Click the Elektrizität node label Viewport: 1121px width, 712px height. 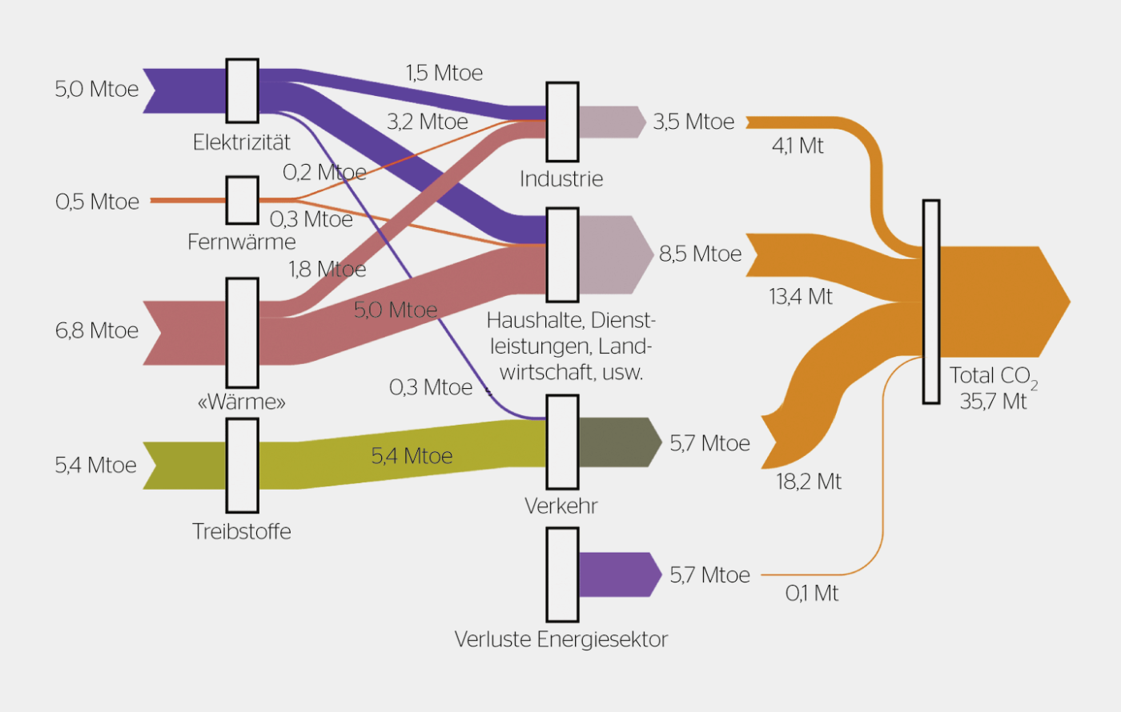(241, 142)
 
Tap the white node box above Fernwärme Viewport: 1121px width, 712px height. (242, 200)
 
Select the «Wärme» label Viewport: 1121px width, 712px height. (241, 402)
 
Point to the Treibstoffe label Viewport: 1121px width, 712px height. (241, 531)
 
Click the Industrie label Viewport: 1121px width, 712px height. (560, 178)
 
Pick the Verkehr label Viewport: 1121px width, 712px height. (560, 506)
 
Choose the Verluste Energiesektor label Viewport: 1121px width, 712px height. (560, 639)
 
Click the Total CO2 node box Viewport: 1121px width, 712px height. (930, 302)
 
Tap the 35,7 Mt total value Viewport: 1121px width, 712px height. (993, 401)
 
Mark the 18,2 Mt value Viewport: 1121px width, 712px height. (809, 482)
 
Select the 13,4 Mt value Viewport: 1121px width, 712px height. (801, 297)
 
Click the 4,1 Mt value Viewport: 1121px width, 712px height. (798, 146)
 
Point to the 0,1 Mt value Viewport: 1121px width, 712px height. (812, 594)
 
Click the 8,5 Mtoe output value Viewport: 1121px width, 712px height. (700, 254)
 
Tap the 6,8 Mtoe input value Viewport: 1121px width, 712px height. (97, 330)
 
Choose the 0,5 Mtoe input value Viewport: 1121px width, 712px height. (97, 202)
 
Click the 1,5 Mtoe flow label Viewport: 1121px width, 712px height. (444, 74)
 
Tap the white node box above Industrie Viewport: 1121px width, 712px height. (562, 122)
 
